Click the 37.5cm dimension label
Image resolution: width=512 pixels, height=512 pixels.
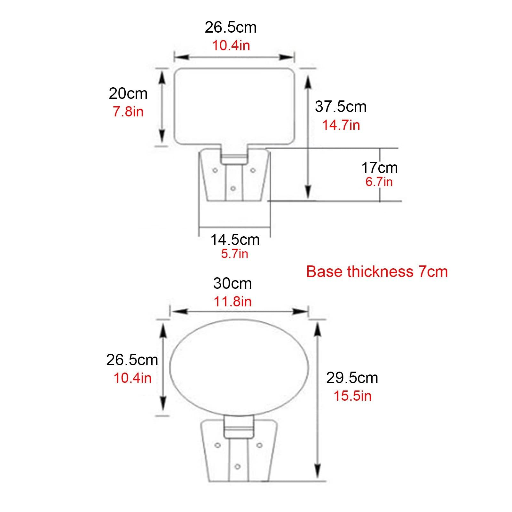click(x=341, y=106)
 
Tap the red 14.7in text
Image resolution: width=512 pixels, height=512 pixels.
click(x=341, y=125)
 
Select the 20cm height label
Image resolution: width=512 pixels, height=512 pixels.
click(x=128, y=94)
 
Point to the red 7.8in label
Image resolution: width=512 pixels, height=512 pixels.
click(x=128, y=112)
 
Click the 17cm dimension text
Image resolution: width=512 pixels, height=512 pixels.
click(x=379, y=168)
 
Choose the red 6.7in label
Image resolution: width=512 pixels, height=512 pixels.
click(x=379, y=182)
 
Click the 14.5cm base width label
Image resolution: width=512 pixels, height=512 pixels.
click(x=235, y=240)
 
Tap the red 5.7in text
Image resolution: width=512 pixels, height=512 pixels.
click(x=235, y=254)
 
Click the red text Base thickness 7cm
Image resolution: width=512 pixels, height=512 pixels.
click(x=377, y=272)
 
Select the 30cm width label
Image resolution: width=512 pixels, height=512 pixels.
click(x=232, y=283)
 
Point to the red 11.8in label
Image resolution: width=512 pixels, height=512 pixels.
click(x=232, y=302)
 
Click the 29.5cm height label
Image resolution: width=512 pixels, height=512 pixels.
click(x=352, y=378)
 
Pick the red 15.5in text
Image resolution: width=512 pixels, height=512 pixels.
click(x=352, y=396)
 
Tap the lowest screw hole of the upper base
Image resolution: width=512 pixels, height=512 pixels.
click(x=233, y=188)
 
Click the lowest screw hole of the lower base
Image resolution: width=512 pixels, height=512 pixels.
click(x=237, y=467)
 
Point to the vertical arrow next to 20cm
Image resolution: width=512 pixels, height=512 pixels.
click(x=162, y=107)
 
